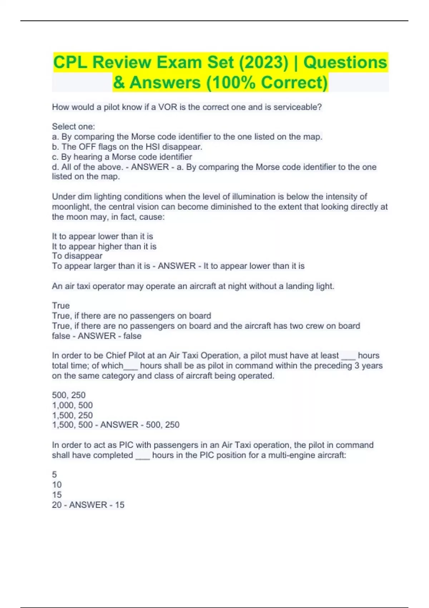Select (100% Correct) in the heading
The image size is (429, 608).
point(267,83)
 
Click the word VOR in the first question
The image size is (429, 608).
point(168,107)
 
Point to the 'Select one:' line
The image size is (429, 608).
point(74,127)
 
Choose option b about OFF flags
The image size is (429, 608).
point(127,147)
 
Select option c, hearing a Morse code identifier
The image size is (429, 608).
point(122,157)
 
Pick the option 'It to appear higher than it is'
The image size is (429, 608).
point(104,246)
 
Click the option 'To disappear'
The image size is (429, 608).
point(77,256)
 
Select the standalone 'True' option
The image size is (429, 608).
point(61,306)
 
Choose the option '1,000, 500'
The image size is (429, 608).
point(72,405)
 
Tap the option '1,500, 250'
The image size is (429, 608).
point(72,415)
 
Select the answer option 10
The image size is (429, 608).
point(57,485)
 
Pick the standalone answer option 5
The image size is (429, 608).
point(54,475)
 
